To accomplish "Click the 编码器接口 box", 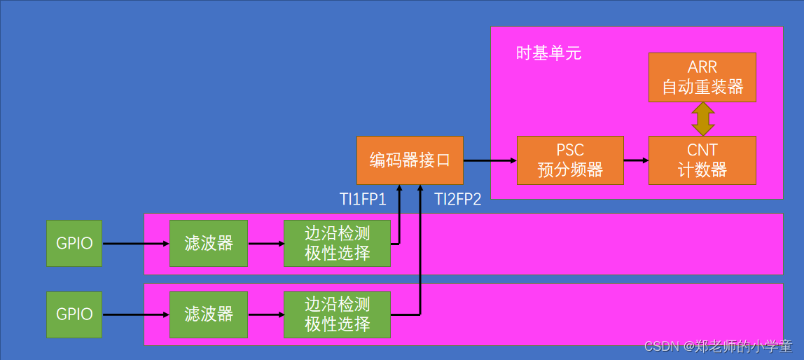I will coord(410,160).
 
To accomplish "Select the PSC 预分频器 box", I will coord(570,160).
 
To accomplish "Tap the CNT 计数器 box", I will coord(702,160).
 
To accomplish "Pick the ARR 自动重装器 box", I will coord(702,77).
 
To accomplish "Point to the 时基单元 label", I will coord(548,53).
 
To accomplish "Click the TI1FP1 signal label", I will coord(363,200).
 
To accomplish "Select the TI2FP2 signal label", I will coord(458,200).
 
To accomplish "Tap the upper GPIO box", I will coord(74,243).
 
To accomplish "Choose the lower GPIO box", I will coord(74,314).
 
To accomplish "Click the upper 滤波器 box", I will coord(209,243).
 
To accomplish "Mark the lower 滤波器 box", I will coord(209,314).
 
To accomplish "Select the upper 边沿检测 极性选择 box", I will coord(337,243).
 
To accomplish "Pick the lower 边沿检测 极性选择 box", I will coord(337,314).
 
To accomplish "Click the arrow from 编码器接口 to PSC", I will coord(490,160).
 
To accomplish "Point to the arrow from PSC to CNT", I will coord(636,160).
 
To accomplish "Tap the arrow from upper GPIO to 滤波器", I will coord(135,244).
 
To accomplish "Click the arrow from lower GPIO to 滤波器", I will coord(135,314).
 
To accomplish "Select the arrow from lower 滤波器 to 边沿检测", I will coord(265,314).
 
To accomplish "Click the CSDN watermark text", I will coord(718,346).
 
